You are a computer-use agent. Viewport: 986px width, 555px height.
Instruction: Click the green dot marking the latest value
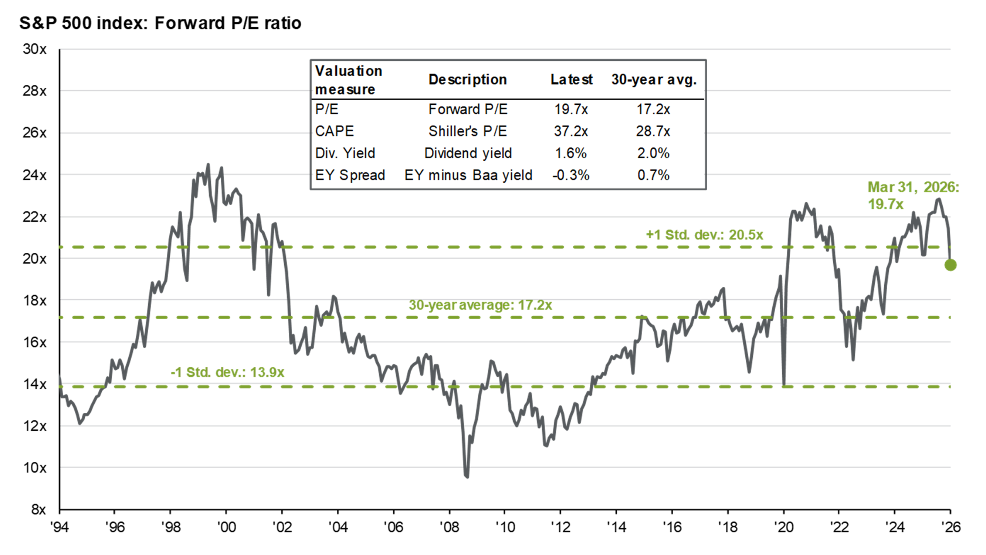(x=951, y=265)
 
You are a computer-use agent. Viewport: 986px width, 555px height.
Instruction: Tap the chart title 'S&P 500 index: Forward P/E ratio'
(x=160, y=23)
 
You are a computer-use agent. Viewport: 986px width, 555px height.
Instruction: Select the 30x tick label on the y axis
(x=35, y=49)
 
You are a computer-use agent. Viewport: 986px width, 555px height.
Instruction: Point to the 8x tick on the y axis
(x=38, y=509)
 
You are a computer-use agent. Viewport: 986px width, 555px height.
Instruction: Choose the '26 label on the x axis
(x=951, y=527)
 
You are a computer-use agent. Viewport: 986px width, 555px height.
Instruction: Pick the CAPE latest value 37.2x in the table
(x=571, y=131)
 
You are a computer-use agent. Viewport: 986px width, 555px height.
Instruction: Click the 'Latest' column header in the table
(x=571, y=80)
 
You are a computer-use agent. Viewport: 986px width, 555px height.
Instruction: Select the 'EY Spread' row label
(x=350, y=175)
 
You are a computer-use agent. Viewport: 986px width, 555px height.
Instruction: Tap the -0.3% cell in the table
(x=571, y=175)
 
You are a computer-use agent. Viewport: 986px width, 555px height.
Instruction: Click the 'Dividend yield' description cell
(x=468, y=153)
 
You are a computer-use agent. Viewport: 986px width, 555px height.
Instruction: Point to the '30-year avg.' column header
(x=654, y=80)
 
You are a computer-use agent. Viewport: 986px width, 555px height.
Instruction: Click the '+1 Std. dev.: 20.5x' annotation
(x=704, y=235)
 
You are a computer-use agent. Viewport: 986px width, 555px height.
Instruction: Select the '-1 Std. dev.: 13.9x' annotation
(x=227, y=372)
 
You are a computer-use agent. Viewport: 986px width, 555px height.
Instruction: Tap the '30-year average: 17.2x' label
(x=480, y=305)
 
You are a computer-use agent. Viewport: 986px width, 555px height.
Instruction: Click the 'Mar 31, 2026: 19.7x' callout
(x=913, y=195)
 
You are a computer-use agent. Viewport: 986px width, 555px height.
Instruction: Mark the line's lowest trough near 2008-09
(x=467, y=477)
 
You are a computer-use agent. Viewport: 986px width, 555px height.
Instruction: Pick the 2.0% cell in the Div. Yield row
(x=653, y=153)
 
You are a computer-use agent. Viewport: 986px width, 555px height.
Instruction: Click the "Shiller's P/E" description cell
(x=468, y=131)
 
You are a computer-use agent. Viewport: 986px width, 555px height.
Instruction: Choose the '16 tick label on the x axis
(x=672, y=527)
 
